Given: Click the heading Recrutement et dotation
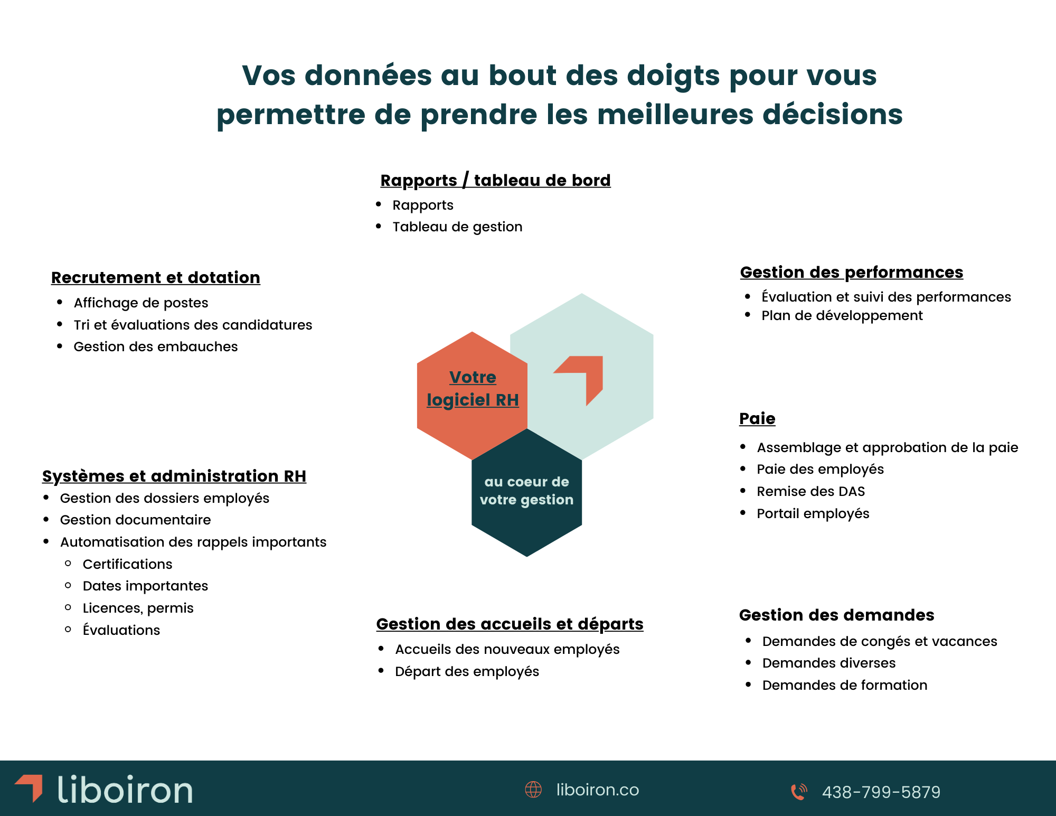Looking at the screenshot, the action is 156,278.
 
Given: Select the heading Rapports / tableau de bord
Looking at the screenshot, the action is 495,181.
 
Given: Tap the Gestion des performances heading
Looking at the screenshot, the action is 851,273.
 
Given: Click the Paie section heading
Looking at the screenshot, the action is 757,419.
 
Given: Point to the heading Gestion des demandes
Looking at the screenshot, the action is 836,615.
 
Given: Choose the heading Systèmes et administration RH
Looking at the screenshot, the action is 174,476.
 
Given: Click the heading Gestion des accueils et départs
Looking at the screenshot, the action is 510,624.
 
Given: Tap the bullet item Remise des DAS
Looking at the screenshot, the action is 810,492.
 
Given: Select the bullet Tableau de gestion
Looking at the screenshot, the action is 457,227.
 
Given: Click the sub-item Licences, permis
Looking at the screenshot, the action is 138,608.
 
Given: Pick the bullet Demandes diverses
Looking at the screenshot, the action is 828,663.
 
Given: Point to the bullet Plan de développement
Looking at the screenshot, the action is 842,316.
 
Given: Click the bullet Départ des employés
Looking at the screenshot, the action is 467,672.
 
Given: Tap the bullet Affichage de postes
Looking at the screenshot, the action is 141,303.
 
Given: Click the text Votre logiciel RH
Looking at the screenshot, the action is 473,389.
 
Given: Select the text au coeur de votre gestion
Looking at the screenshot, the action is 526,491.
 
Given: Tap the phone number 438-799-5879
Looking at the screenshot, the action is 881,792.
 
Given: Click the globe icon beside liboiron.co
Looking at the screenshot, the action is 533,790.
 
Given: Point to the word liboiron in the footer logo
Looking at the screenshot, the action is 125,790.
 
